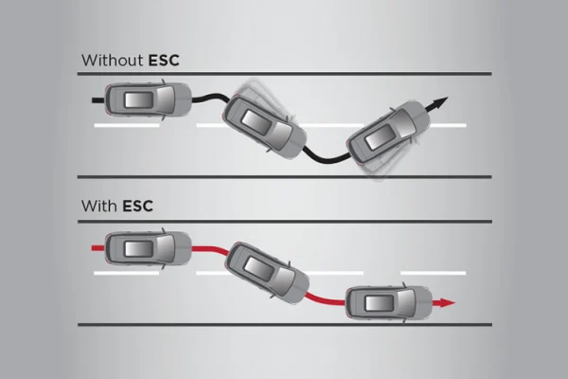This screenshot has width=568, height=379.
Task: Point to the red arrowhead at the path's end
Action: [x=447, y=303]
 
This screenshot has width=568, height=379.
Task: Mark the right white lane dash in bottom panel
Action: [x=433, y=273]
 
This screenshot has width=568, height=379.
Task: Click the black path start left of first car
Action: [x=97, y=97]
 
